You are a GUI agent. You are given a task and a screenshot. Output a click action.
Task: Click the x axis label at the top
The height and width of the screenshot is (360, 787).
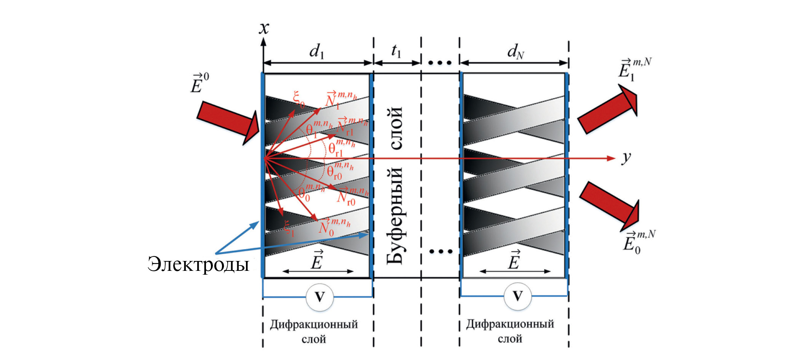(264, 29)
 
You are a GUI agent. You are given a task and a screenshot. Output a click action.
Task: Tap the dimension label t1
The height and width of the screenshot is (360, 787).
(396, 51)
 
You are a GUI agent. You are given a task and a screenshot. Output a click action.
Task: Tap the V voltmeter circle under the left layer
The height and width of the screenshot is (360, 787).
(320, 297)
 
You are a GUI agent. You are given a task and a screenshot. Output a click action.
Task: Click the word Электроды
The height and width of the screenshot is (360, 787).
(198, 264)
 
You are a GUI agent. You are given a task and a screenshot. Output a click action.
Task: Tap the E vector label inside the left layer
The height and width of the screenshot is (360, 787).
(317, 261)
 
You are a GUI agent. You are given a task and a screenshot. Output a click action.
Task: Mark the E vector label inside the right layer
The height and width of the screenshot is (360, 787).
(514, 261)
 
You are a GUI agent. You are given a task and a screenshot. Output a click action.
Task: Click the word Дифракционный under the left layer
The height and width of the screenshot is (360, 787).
(314, 325)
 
